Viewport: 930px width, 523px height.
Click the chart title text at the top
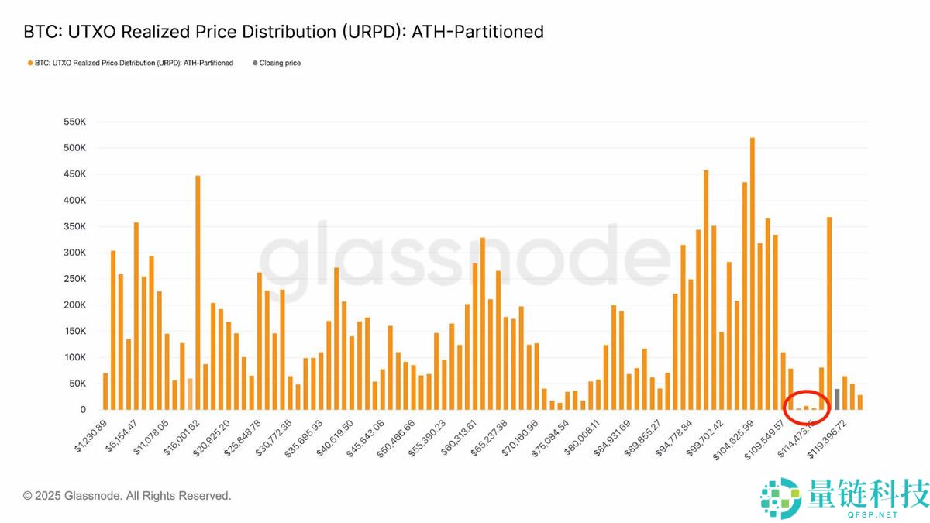pyautogui.click(x=284, y=32)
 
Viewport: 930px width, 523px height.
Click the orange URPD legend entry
pyautogui.click(x=130, y=63)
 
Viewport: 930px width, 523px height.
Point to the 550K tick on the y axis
pyautogui.click(x=74, y=122)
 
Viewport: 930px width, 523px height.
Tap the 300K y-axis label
pyautogui.click(x=74, y=253)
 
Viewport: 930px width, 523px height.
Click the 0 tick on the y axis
pyautogui.click(x=81, y=409)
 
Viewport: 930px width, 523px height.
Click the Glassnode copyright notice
pyautogui.click(x=127, y=496)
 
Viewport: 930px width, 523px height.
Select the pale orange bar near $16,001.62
pyautogui.click(x=190, y=394)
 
